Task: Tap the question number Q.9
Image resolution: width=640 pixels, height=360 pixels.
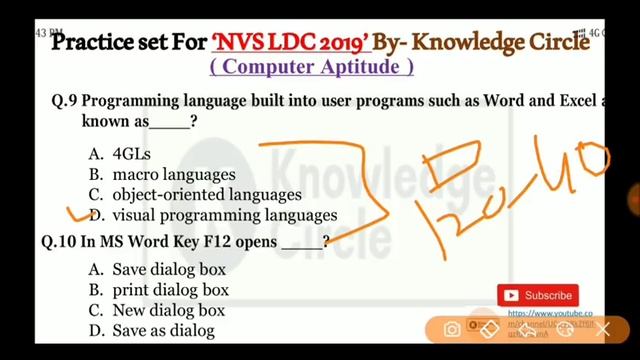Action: coord(65,101)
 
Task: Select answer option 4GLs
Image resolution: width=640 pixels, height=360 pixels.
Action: coord(133,154)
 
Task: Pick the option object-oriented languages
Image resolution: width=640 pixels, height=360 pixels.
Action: coord(206,194)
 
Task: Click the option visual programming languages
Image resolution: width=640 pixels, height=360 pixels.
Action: coord(224,215)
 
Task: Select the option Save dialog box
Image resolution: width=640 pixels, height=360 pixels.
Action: coord(168,269)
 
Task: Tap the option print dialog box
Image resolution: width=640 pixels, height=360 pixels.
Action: coord(170,290)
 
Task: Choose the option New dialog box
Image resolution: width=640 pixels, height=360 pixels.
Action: coord(168,310)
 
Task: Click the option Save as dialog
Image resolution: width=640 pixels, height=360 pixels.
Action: coord(162,330)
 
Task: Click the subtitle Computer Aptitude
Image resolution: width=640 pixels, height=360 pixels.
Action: coord(312,68)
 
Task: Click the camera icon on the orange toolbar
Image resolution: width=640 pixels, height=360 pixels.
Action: coord(452,329)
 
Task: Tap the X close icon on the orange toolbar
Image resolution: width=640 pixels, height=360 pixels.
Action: coord(603,329)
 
